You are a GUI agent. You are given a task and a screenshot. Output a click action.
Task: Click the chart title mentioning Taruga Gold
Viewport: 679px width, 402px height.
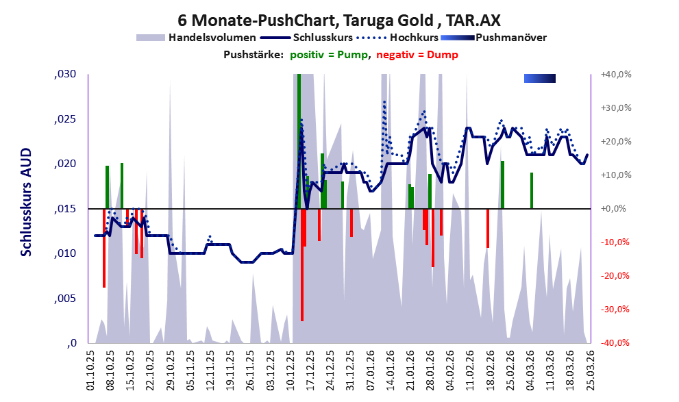tap(339, 20)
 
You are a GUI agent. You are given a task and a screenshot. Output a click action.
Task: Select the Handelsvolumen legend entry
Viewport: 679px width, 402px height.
tap(196, 38)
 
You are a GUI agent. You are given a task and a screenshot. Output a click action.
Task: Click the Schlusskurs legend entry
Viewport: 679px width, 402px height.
tap(306, 38)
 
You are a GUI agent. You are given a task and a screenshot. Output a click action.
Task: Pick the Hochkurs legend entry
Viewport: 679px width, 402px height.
tap(397, 38)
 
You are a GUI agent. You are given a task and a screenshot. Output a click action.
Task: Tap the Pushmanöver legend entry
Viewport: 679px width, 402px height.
tap(493, 38)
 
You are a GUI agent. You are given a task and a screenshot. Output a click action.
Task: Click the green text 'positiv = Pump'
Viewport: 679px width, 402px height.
tap(329, 55)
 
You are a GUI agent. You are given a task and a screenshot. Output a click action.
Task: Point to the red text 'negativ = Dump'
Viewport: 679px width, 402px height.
tap(417, 55)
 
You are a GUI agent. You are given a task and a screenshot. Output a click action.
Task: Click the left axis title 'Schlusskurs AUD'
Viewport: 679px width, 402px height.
tap(27, 202)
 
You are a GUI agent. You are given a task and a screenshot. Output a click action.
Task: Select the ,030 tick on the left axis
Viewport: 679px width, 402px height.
tap(65, 74)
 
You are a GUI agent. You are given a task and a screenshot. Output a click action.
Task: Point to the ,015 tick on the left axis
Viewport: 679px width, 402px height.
tap(65, 209)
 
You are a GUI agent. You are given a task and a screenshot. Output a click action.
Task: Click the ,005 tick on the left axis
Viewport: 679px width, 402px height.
tap(65, 299)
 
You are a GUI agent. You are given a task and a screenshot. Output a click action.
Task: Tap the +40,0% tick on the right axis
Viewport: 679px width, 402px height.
tap(616, 75)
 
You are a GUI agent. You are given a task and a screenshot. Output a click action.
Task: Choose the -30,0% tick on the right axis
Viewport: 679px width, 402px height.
tap(615, 310)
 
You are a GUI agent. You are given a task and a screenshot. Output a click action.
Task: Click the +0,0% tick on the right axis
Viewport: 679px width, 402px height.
tap(614, 209)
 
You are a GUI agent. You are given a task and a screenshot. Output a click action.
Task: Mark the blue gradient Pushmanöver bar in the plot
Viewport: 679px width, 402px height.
tap(539, 78)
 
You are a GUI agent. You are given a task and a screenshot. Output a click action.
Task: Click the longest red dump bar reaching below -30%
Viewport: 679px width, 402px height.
tap(302, 265)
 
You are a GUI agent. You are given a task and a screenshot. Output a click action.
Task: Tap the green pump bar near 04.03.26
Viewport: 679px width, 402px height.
tap(532, 190)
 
